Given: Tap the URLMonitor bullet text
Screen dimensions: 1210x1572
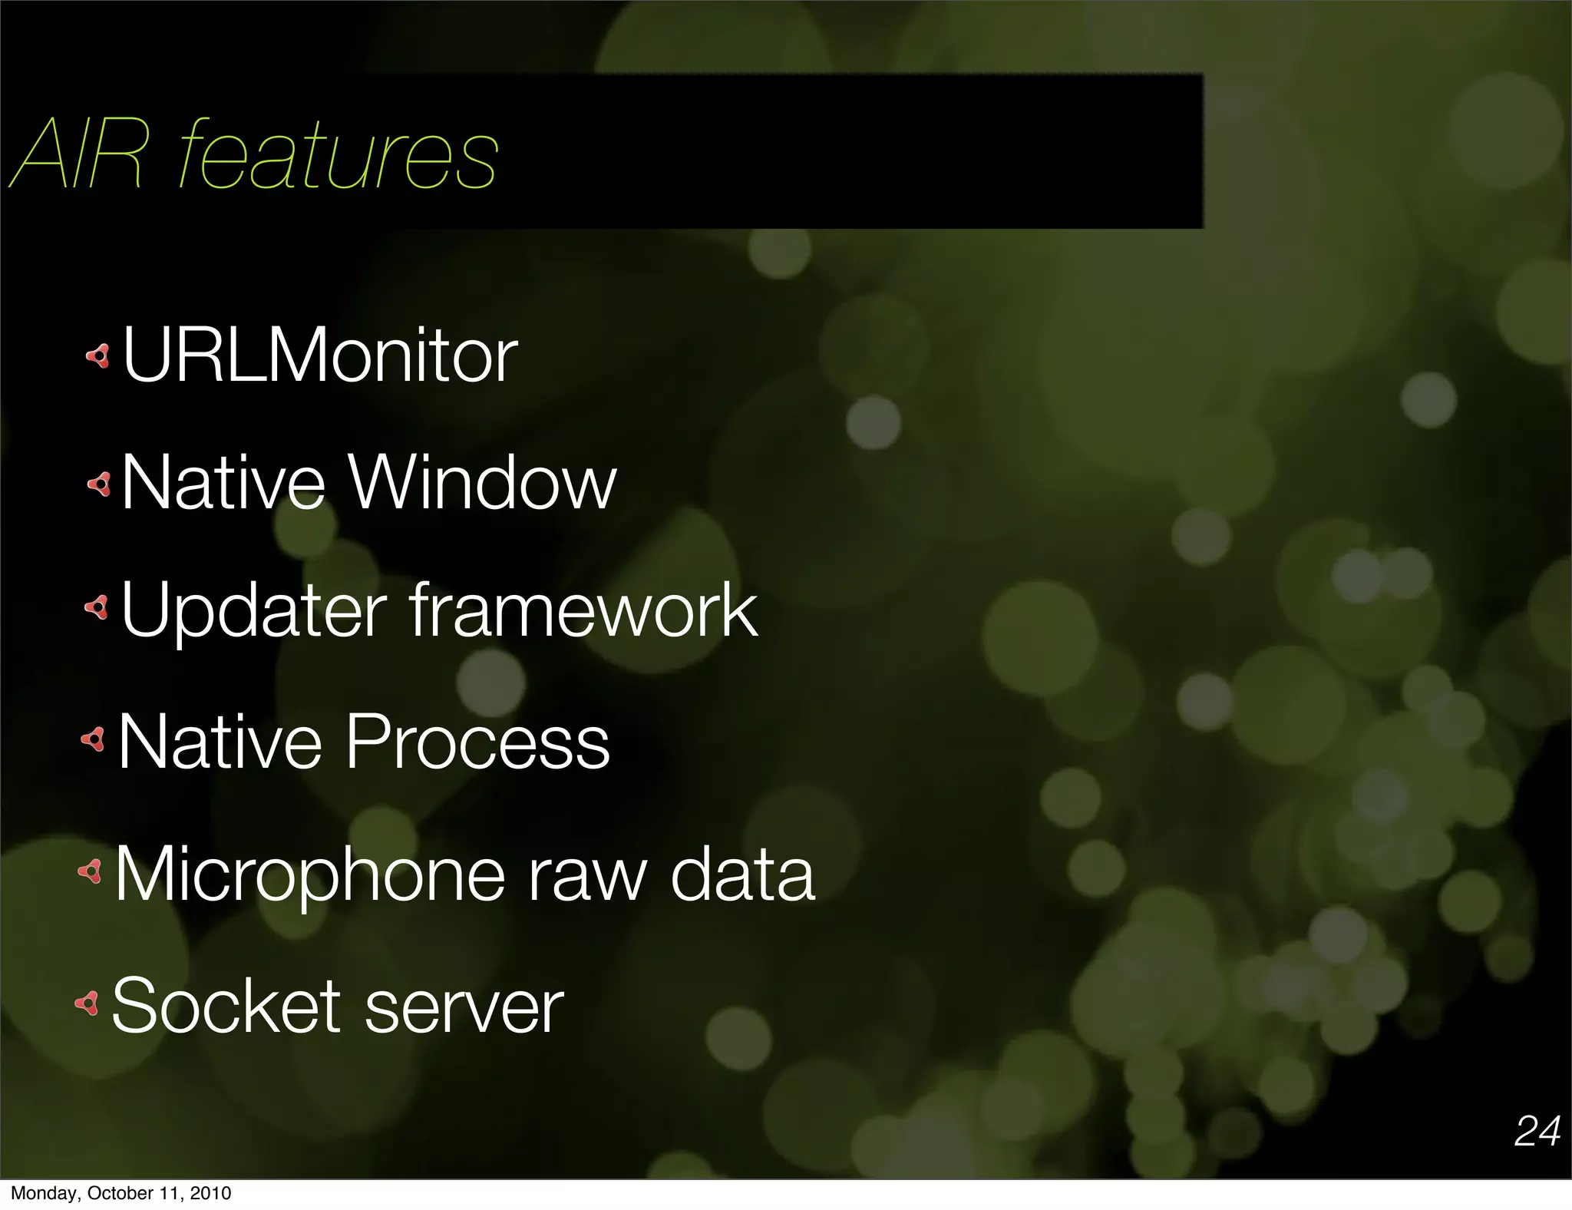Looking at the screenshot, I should pos(319,355).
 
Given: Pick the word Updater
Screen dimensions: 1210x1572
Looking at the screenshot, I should pos(254,611).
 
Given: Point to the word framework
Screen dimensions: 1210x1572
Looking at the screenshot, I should pos(583,610).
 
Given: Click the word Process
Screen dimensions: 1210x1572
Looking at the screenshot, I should pos(477,742).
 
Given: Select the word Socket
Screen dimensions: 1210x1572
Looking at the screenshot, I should pos(226,1006).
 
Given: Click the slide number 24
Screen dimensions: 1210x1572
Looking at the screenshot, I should pos(1537,1131).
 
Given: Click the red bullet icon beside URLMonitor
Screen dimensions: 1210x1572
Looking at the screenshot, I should pos(98,355).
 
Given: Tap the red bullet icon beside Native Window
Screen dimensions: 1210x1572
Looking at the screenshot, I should pos(99,484).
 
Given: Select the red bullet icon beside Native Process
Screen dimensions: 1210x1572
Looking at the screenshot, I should pos(93,740).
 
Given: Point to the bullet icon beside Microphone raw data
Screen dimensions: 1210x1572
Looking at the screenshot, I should pos(90,871).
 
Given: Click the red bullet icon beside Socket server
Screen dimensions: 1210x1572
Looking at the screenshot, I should pos(87,1003).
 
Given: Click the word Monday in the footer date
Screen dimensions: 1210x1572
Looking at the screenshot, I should pos(45,1193).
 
